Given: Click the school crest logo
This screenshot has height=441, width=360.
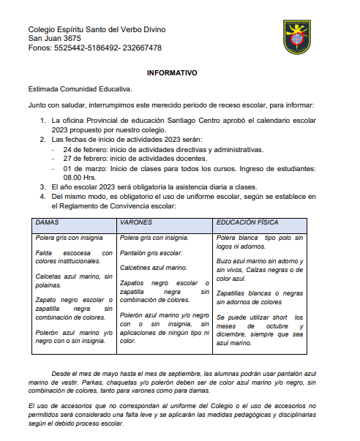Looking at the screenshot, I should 297,37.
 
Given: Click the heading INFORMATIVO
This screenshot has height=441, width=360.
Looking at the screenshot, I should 172,74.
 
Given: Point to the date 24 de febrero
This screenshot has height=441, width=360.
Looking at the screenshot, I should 85,148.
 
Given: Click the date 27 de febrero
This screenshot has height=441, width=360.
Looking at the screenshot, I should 85,159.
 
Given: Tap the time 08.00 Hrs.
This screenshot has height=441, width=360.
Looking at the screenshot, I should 81,177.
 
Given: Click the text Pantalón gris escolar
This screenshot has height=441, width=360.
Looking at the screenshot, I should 151,253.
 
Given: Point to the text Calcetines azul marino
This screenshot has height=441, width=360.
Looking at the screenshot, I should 153,268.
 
